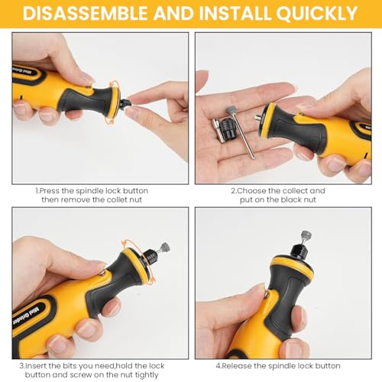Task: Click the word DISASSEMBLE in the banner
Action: (86, 13)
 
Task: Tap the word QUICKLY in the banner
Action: (317, 13)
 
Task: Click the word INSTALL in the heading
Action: (235, 13)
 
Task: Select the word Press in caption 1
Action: (50, 191)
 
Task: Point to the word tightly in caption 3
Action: (147, 375)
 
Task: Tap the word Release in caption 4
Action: (237, 366)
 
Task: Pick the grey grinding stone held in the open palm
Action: (231, 110)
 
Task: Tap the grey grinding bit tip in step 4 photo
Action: (306, 235)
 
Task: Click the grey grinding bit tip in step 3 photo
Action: (165, 247)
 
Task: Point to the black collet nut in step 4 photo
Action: (300, 251)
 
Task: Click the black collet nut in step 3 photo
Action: (151, 257)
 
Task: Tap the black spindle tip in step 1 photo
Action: (125, 104)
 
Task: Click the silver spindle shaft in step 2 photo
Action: (257, 118)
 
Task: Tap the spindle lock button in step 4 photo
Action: (266, 295)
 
